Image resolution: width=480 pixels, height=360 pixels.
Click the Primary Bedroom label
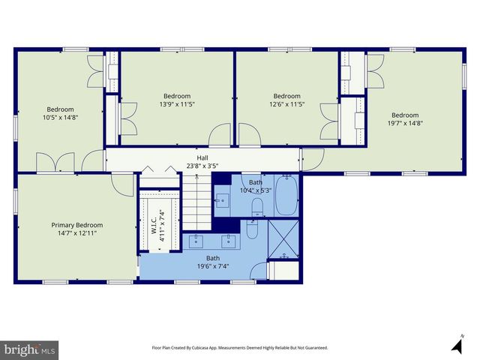(76, 225)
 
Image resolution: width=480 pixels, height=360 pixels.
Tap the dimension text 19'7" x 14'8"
(405, 123)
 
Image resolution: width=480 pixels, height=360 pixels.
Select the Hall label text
(202, 158)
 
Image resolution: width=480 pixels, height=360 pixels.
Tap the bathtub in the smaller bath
(286, 194)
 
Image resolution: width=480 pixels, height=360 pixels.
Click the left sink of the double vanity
(197, 241)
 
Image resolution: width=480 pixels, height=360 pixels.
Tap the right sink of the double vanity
(230, 241)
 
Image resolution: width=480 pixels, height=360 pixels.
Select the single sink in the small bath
(223, 200)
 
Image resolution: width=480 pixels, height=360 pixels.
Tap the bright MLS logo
(29, 349)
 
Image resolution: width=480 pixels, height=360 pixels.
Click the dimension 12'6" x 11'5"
(286, 105)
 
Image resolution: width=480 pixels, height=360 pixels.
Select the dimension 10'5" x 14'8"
(60, 118)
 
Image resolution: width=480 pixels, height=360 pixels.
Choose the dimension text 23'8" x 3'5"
(202, 166)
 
